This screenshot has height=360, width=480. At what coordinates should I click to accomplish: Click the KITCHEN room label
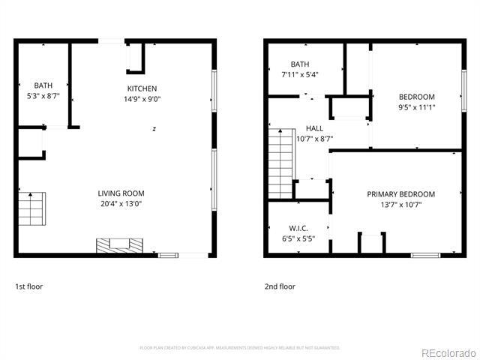coord(142,88)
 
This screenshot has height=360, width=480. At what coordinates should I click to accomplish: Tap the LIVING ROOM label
coord(121,193)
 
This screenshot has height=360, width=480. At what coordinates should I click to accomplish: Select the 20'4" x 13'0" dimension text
coord(121,203)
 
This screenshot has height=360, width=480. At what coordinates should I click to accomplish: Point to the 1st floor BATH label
coord(42,85)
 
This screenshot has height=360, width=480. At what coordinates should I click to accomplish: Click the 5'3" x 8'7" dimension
coord(42,96)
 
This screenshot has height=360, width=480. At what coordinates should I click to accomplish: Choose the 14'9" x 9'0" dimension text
coord(142,99)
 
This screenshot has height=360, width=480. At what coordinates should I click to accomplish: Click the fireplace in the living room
coord(118,245)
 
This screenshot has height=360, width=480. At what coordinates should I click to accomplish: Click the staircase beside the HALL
coord(278,163)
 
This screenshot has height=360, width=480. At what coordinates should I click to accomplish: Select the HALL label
coord(314,128)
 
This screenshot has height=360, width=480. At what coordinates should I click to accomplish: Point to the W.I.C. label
coord(298,228)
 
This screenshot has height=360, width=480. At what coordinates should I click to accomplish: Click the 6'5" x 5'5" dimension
coord(298,238)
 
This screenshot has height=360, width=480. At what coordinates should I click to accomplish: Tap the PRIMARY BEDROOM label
coord(400,194)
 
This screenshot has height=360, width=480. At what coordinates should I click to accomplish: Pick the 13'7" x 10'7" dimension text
coord(400,205)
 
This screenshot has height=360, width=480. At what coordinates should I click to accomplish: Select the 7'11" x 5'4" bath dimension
coord(299,75)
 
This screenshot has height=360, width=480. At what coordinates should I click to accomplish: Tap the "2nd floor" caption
coord(280,286)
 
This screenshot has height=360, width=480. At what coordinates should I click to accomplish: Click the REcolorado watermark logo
coord(448,352)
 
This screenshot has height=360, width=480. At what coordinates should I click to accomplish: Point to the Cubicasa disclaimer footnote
coord(240,348)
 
